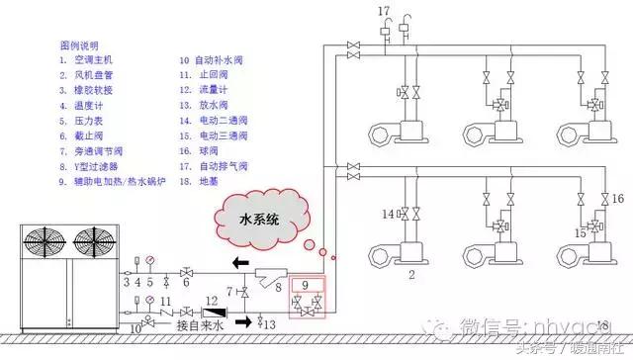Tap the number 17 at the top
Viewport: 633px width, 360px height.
[x=385, y=12]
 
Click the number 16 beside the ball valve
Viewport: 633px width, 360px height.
[x=618, y=199]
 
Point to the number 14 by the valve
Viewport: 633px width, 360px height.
[x=388, y=213]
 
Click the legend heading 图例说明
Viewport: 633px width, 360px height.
[x=80, y=45]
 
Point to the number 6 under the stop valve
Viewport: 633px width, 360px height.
[x=186, y=284]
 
